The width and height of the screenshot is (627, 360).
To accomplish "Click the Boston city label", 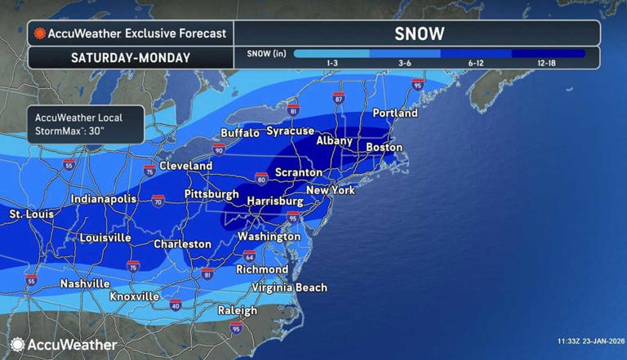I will point(385,147).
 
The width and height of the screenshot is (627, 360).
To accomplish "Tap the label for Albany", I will point(334,140).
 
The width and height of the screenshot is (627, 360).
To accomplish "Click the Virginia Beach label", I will point(289,287).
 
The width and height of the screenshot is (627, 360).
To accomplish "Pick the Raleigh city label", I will point(238,311).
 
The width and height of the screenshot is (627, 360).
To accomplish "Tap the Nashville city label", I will point(85,283).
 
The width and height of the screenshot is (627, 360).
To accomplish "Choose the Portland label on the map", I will point(395,113).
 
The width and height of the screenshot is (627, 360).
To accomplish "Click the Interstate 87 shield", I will point(339,99).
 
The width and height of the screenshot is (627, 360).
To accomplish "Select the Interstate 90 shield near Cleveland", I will point(219,150).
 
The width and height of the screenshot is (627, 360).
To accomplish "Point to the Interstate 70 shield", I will point(158,199).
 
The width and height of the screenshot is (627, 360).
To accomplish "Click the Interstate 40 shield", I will point(176,304).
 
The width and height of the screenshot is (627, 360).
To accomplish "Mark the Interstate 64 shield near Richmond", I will point(248,256).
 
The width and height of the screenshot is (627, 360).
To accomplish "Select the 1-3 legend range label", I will point(333,63).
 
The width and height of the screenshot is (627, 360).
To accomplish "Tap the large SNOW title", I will point(419,33).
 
